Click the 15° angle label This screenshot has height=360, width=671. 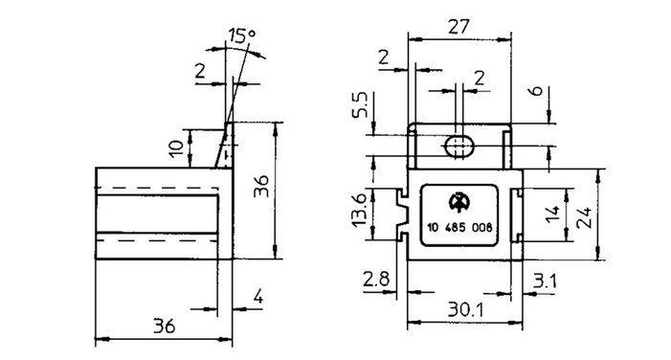pyautogui.click(x=241, y=35)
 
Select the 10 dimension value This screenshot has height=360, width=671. pyautogui.click(x=176, y=147)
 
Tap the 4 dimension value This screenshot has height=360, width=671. pyautogui.click(x=257, y=296)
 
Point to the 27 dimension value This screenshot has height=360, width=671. pyautogui.click(x=459, y=27)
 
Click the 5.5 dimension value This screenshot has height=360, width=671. pyautogui.click(x=360, y=104)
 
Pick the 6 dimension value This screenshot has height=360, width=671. pyautogui.click(x=535, y=91)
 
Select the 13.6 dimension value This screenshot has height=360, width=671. pyautogui.click(x=358, y=210)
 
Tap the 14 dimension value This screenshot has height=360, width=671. pyautogui.click(x=552, y=214)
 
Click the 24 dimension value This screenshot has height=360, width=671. pyautogui.click(x=583, y=217)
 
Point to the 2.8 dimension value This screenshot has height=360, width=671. pyautogui.click(x=376, y=280)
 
